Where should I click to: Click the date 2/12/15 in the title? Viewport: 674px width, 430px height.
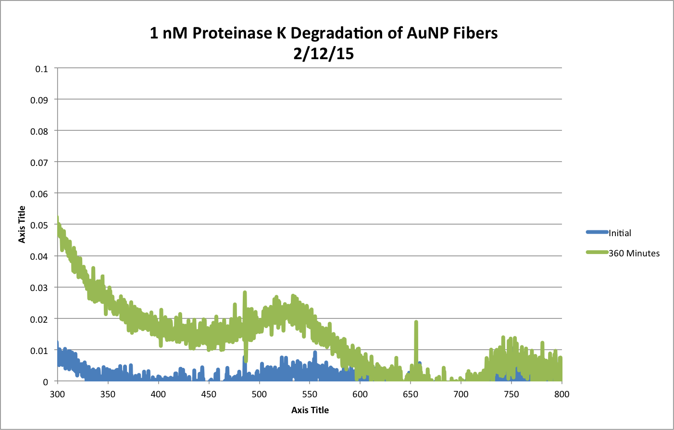coord(324,53)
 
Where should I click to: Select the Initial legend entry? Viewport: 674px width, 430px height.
coord(620,233)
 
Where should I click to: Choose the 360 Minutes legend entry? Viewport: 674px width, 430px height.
coord(634,253)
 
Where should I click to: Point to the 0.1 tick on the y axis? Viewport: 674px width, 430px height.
coord(42,69)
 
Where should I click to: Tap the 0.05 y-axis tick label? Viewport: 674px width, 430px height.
coord(39,225)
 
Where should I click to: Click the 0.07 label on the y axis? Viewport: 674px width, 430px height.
coord(39,163)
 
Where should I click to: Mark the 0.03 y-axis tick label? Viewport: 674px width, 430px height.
coord(39,288)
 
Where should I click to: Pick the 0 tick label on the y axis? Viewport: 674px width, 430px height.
coord(46,382)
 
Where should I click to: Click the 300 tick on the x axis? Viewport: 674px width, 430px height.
coord(57,394)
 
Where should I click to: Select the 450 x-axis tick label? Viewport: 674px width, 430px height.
coord(209,394)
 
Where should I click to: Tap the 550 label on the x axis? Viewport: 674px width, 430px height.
coord(310,394)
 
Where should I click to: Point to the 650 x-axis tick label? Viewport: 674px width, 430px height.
coord(411,394)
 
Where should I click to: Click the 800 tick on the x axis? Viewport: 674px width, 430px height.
coord(562,394)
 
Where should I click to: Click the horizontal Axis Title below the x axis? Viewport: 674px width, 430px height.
coord(310,410)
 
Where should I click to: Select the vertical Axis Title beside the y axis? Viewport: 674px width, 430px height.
coord(22,225)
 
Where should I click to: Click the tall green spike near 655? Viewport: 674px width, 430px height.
coord(416,323)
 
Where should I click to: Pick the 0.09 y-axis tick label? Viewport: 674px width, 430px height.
coord(39,101)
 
